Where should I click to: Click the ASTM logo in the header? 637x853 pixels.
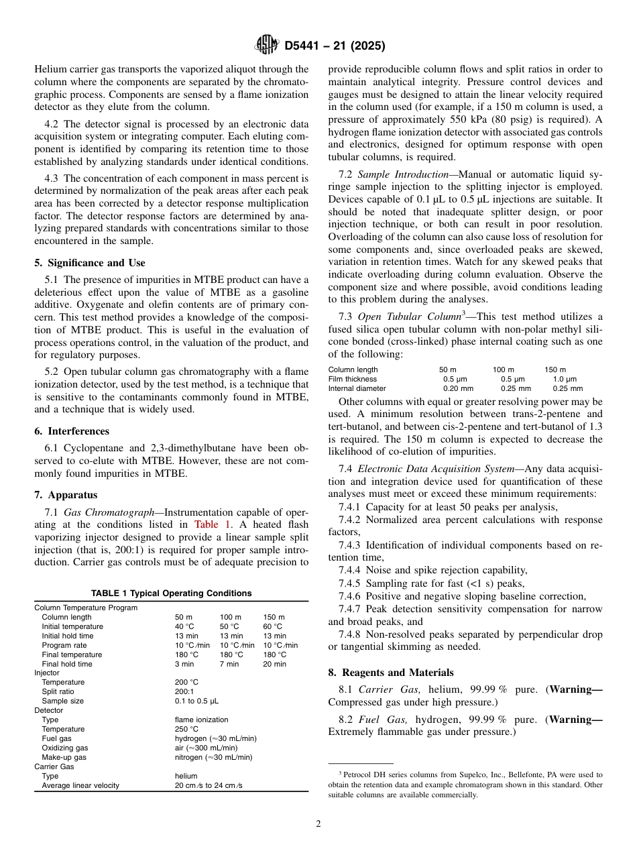point(267,46)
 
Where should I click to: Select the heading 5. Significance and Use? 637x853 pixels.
point(90,263)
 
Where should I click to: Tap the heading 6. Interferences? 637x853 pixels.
point(72,431)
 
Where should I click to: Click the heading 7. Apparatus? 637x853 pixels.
point(66,495)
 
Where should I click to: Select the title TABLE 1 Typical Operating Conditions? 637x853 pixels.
point(172,593)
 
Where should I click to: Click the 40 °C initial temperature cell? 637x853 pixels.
point(184,626)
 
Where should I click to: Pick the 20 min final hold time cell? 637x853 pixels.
point(274,664)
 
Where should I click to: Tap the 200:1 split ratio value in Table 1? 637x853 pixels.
point(184,691)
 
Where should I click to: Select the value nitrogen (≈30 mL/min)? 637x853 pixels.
point(213,757)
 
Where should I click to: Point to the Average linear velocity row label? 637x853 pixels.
point(80,785)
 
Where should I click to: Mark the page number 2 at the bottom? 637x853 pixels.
point(318,824)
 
